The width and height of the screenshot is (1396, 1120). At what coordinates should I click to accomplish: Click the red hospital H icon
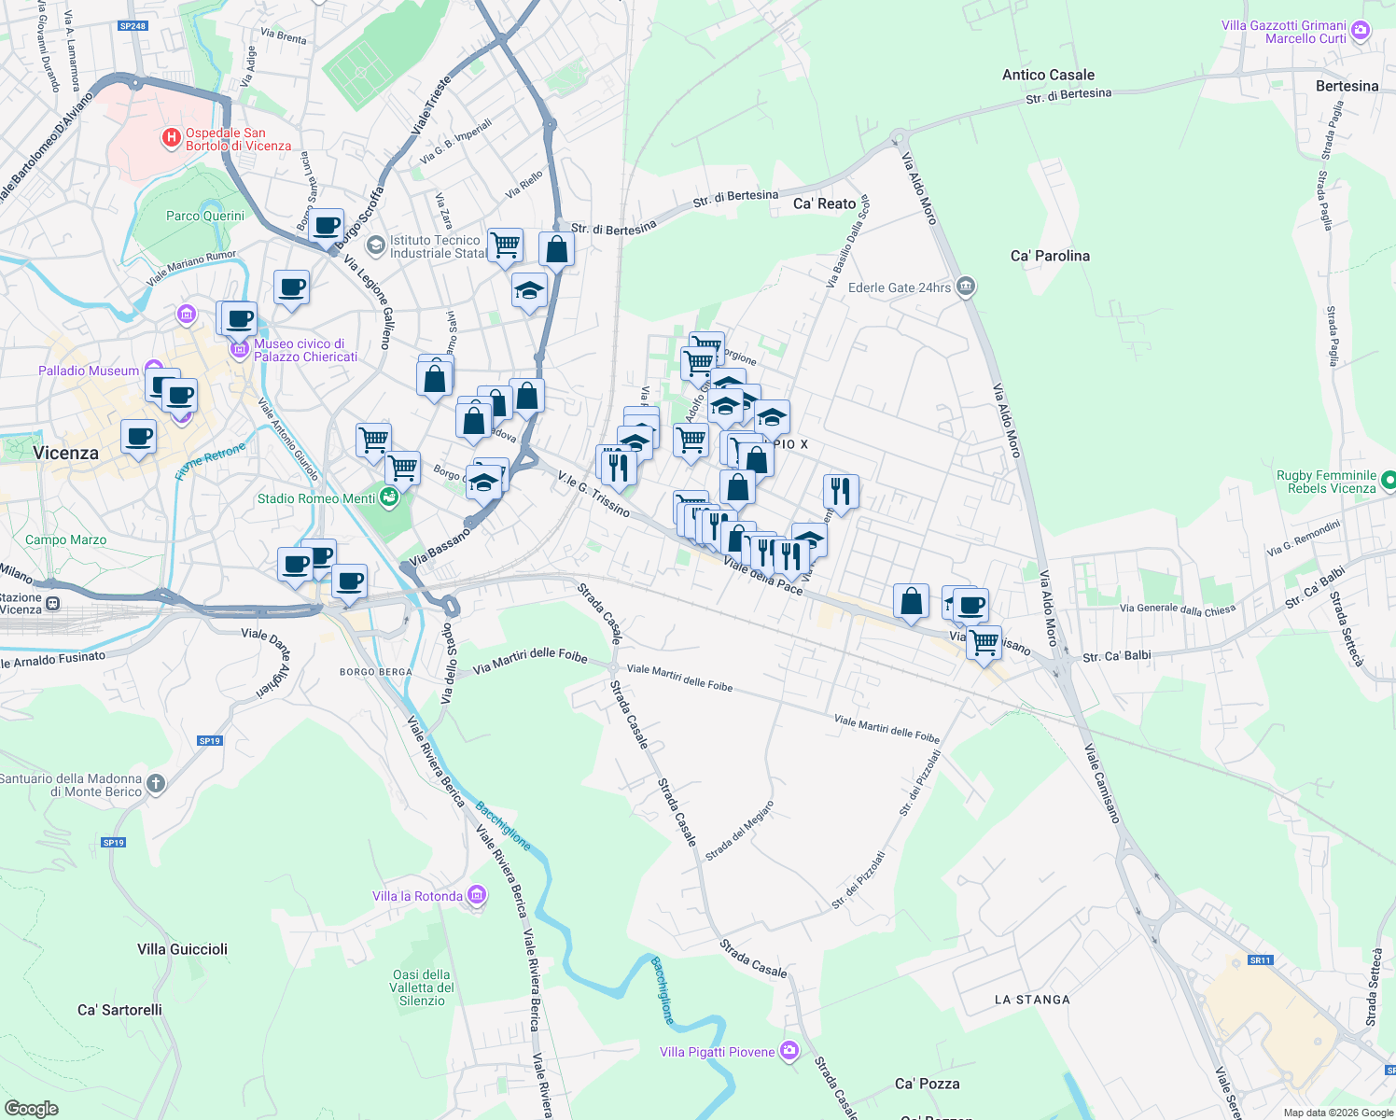172,139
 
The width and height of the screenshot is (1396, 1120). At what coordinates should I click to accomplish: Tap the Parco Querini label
205,216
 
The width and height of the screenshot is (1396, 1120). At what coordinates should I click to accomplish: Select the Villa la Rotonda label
417,896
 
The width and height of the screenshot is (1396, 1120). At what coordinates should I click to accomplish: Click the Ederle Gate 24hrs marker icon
966,287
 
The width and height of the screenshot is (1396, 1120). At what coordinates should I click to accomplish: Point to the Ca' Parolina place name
1050,256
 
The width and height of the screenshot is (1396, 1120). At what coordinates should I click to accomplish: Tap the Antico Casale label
1048,75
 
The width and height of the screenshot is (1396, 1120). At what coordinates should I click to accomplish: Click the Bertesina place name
1347,86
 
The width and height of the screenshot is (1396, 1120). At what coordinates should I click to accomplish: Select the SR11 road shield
1260,959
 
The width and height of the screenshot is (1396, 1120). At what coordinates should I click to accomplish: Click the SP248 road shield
133,26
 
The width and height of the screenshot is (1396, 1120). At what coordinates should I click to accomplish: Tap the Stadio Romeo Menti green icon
390,498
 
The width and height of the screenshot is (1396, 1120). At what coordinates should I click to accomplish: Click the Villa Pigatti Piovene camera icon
789,1052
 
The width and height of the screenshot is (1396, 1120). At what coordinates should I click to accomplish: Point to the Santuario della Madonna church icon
156,784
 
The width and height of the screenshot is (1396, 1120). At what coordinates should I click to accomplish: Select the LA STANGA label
1032,1000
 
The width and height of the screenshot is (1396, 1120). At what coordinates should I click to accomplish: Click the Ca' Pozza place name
927,1084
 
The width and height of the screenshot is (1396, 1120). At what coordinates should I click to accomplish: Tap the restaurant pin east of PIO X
841,491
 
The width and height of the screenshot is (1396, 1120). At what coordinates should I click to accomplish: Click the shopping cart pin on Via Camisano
984,642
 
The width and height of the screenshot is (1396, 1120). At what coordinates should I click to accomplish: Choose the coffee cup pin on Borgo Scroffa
327,226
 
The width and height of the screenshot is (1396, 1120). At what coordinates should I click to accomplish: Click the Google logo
32,1109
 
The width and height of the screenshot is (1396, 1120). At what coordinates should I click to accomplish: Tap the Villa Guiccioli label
182,949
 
